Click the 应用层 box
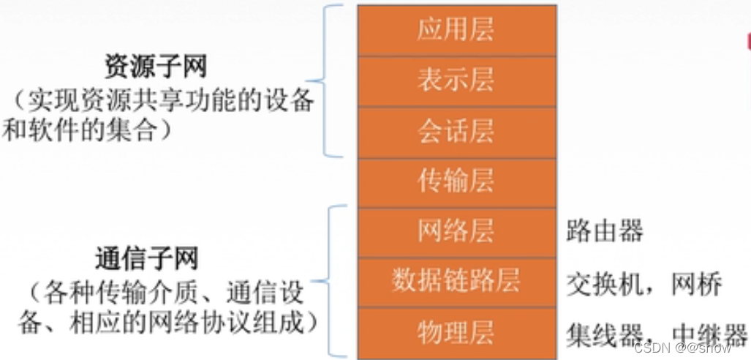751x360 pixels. pyautogui.click(x=456, y=29)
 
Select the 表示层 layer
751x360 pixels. pyautogui.click(x=456, y=80)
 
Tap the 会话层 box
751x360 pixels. pyautogui.click(x=456, y=130)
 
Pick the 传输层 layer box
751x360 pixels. pyautogui.click(x=456, y=181)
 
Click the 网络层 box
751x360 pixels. pyautogui.click(x=456, y=231)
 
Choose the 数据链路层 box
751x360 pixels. pyautogui.click(x=456, y=281)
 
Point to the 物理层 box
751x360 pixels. pyautogui.click(x=456, y=332)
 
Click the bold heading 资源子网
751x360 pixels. pyautogui.click(x=155, y=67)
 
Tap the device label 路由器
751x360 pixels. pyautogui.click(x=605, y=231)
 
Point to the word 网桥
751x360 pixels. pyautogui.click(x=698, y=284)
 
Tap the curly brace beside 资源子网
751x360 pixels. pyautogui.click(x=328, y=80)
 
